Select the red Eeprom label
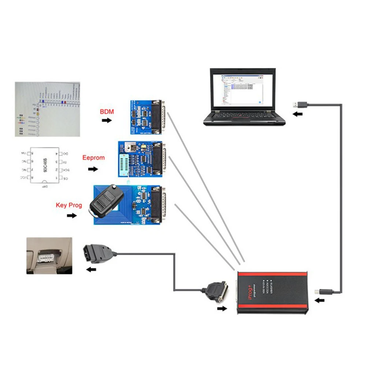point(93,158)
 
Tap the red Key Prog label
point(69,205)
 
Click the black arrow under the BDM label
point(107,120)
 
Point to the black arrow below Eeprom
point(93,169)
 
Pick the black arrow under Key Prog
point(72,216)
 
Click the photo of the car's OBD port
point(49,256)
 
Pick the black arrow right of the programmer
point(320,301)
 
